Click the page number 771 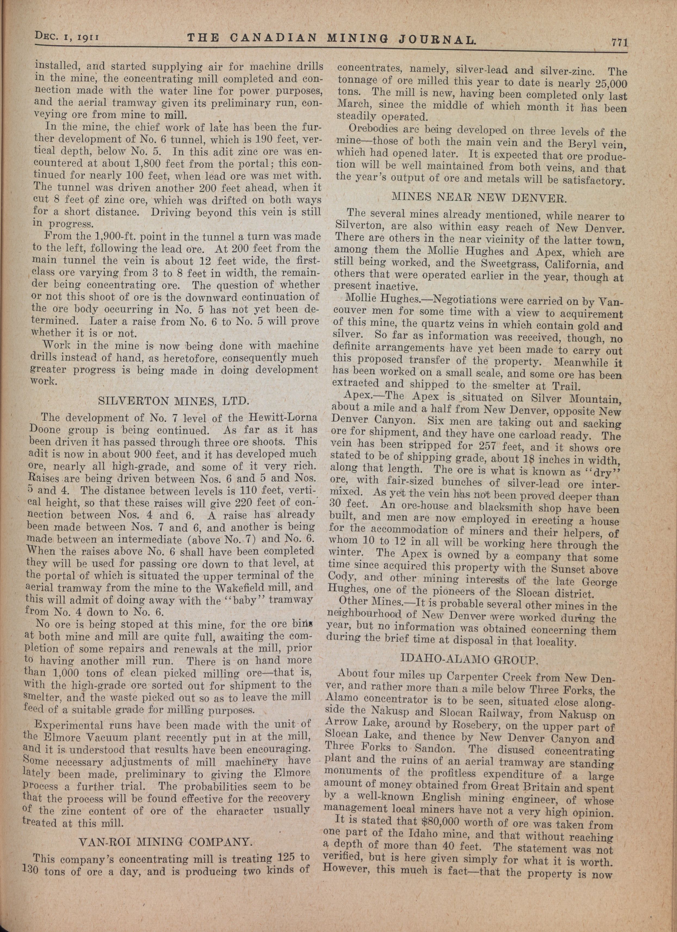pyautogui.click(x=619, y=42)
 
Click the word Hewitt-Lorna pyautogui.click(x=283, y=418)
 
